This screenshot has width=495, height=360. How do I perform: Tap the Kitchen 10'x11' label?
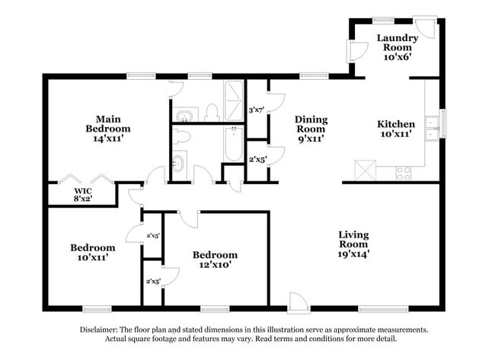[x=396, y=129]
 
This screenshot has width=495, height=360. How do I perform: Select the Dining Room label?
[x=311, y=129]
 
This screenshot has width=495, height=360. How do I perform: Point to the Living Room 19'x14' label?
[x=355, y=244]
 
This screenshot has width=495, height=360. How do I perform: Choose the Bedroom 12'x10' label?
[x=214, y=260]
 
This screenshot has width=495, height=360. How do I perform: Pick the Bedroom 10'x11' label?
[x=92, y=253]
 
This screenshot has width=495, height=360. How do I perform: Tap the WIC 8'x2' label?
[x=82, y=196]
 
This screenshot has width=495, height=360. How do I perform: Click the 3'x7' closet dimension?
[x=257, y=110]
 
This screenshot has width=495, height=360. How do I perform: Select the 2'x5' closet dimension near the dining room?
[x=257, y=159]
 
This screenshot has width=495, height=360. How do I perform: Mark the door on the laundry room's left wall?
[x=356, y=51]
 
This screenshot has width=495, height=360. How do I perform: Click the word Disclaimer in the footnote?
[x=102, y=330]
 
